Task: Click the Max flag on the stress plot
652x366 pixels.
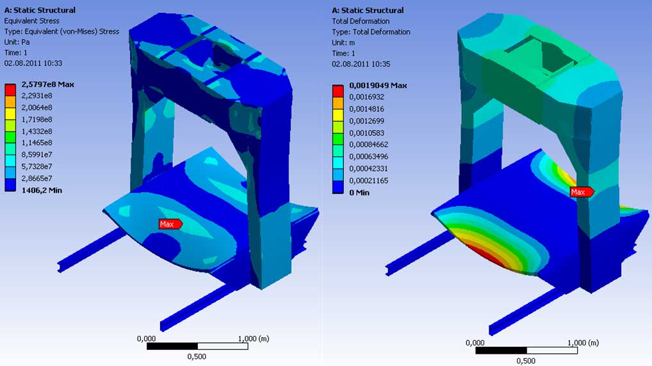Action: click(170, 224)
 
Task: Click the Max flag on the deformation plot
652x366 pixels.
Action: click(582, 192)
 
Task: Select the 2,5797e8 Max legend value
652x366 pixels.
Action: click(48, 85)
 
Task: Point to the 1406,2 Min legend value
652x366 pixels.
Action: click(42, 190)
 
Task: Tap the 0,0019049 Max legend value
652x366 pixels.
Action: click(378, 85)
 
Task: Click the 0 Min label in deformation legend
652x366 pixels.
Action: click(359, 193)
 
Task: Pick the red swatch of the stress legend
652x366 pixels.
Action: click(10, 90)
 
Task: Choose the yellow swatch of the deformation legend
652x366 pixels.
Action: click(338, 115)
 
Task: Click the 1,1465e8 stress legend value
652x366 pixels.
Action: click(37, 143)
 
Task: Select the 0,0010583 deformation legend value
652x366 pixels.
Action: click(367, 133)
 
